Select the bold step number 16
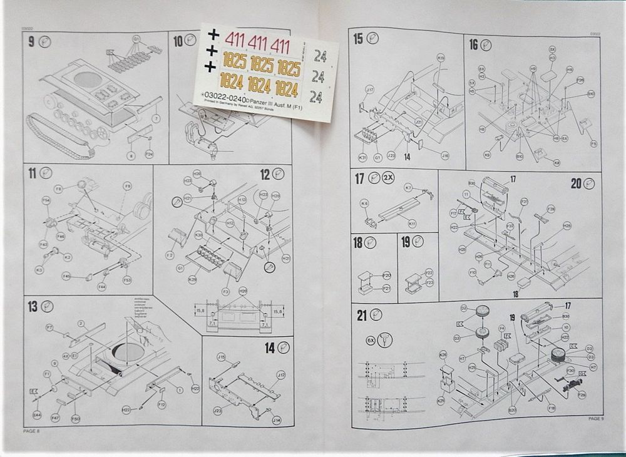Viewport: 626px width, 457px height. [x=473, y=44]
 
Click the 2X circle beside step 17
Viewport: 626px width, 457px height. [x=389, y=178]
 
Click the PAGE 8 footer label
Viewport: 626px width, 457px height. [x=31, y=431]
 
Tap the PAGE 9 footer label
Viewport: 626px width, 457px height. [x=595, y=418]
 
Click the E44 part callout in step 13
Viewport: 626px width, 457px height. [x=37, y=415]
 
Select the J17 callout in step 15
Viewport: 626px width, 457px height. [x=369, y=90]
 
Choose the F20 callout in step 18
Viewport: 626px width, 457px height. [x=386, y=275]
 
